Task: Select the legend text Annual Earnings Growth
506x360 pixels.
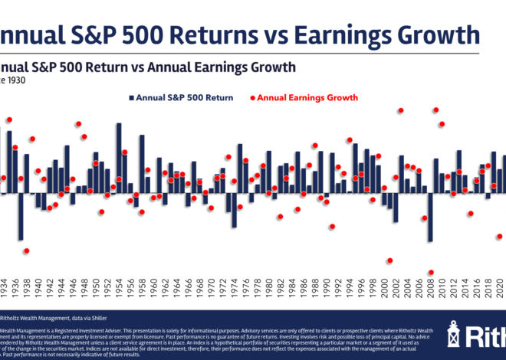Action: click(307, 98)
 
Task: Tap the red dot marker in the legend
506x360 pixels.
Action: click(251, 98)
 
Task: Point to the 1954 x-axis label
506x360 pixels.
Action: click(119, 290)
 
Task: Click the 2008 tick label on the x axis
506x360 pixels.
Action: click(431, 290)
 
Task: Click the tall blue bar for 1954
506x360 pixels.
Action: click(119, 158)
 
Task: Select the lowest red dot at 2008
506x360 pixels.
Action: click(431, 273)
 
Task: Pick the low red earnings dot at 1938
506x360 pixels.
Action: click(26, 250)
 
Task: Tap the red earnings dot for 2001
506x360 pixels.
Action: click(390, 260)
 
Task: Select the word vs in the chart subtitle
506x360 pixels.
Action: click(148, 67)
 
